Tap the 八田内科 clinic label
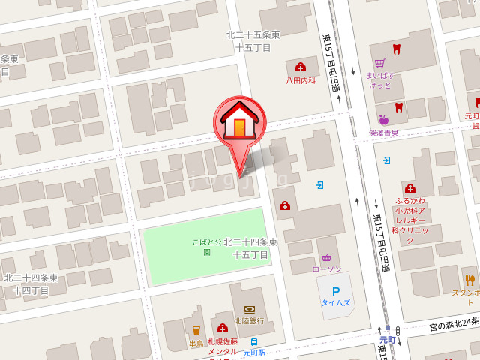300,80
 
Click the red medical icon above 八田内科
301,67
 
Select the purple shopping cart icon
379,63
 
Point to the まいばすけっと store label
379,79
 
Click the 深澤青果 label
383,133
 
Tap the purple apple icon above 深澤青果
383,120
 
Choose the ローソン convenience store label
327,269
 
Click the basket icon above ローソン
326,256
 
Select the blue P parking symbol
335,291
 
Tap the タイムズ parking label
335,303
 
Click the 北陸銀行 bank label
249,321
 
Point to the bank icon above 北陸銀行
249,308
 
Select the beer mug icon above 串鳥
196,329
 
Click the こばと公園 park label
207,247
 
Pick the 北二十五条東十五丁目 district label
253,40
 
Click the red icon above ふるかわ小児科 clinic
409,188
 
